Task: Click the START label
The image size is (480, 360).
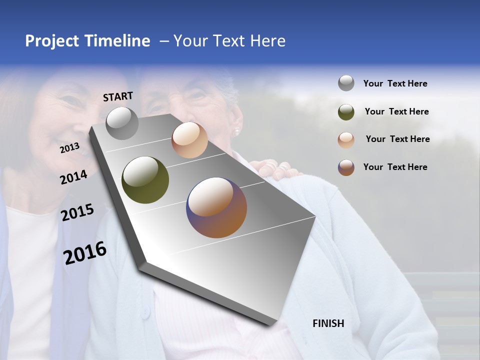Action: (x=118, y=96)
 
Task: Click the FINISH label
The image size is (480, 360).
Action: (x=328, y=323)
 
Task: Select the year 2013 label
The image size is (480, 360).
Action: (x=69, y=148)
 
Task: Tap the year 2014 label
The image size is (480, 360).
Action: (x=73, y=177)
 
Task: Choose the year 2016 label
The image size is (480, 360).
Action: (x=85, y=253)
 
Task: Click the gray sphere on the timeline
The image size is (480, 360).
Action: (x=122, y=123)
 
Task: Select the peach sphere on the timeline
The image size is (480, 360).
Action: (x=189, y=140)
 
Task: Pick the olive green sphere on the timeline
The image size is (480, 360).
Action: (x=145, y=180)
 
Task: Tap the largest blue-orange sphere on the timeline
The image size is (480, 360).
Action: (x=216, y=207)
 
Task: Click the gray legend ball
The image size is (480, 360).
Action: (x=346, y=83)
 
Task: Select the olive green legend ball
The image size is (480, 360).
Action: (x=346, y=112)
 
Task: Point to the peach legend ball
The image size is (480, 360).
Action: (x=346, y=140)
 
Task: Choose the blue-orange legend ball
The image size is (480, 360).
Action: (x=346, y=167)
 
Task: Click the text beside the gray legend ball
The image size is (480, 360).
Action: (x=395, y=84)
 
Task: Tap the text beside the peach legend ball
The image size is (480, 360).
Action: (x=397, y=139)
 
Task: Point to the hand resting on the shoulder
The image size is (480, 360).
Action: (x=275, y=169)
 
